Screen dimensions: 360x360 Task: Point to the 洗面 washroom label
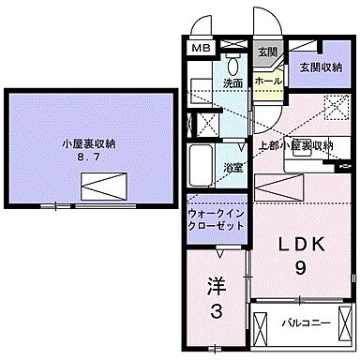point(233,82)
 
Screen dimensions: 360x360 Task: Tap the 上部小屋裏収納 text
point(295,145)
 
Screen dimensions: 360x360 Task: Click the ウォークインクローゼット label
point(215,219)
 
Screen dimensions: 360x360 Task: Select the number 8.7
point(89,159)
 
